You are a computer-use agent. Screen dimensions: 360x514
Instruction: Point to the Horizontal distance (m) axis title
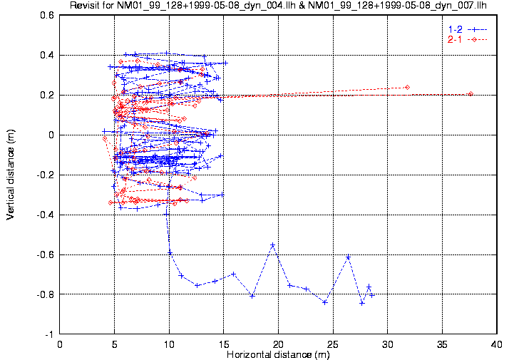(x=278, y=354)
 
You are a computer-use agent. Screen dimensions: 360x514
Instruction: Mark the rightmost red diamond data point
(x=471, y=94)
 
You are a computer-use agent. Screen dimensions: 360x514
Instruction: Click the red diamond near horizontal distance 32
(x=407, y=88)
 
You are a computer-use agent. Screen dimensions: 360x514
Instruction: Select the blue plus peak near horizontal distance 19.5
(x=272, y=245)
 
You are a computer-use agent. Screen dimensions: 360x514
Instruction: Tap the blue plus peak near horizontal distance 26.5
(x=348, y=257)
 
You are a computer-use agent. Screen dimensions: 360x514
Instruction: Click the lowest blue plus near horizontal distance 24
(x=325, y=302)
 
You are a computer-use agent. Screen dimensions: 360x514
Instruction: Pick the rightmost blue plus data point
(x=371, y=294)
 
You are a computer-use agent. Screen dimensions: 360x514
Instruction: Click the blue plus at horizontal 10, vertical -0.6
(x=170, y=252)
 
